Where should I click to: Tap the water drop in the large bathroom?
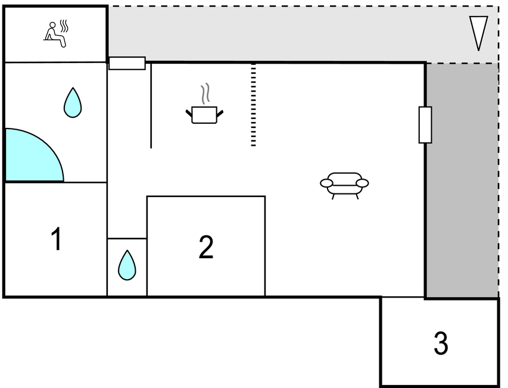coord(73,102)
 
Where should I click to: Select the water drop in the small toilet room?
coord(127,265)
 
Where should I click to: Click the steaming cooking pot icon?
coord(204,104)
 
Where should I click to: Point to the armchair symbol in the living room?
coord(344,186)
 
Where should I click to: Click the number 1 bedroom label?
coord(57,239)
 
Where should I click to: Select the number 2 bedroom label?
coord(206,246)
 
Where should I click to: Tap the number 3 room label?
coord(441,343)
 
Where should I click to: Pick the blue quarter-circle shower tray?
coord(34,155)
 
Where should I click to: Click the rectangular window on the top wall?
coord(127,63)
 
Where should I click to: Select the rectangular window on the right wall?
coord(425,124)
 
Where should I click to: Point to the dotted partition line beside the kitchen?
coord(253,105)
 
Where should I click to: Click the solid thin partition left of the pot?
coord(151,105)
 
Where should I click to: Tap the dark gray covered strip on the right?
coord(462,180)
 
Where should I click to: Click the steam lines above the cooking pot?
coord(205,94)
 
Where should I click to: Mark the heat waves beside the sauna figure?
coord(64,26)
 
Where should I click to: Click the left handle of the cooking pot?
coord(189,113)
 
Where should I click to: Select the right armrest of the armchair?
coord(363,183)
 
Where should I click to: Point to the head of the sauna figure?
coord(52,25)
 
